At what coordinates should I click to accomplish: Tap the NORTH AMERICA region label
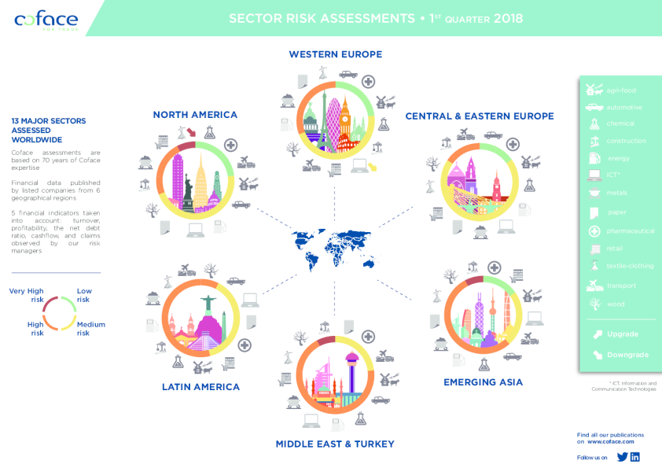click(195, 115)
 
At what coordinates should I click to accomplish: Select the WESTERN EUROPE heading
click(335, 54)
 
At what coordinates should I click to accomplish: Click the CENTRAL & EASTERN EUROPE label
click(479, 116)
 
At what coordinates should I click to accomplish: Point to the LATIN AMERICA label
click(200, 386)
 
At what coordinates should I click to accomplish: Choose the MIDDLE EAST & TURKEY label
click(335, 444)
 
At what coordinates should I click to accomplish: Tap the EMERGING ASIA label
click(483, 382)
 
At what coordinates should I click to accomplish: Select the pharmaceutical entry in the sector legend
click(630, 231)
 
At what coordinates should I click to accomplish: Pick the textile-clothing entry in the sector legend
click(630, 266)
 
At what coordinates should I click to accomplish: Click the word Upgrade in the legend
click(622, 334)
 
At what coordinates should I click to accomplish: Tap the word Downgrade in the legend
click(627, 355)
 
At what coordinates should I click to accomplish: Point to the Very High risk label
click(26, 295)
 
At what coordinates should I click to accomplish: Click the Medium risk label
click(90, 328)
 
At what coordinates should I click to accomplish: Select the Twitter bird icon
click(622, 457)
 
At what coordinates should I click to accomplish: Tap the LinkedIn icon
click(635, 457)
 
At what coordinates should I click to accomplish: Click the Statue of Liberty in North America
click(188, 192)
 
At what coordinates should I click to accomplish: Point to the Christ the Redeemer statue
click(208, 305)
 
